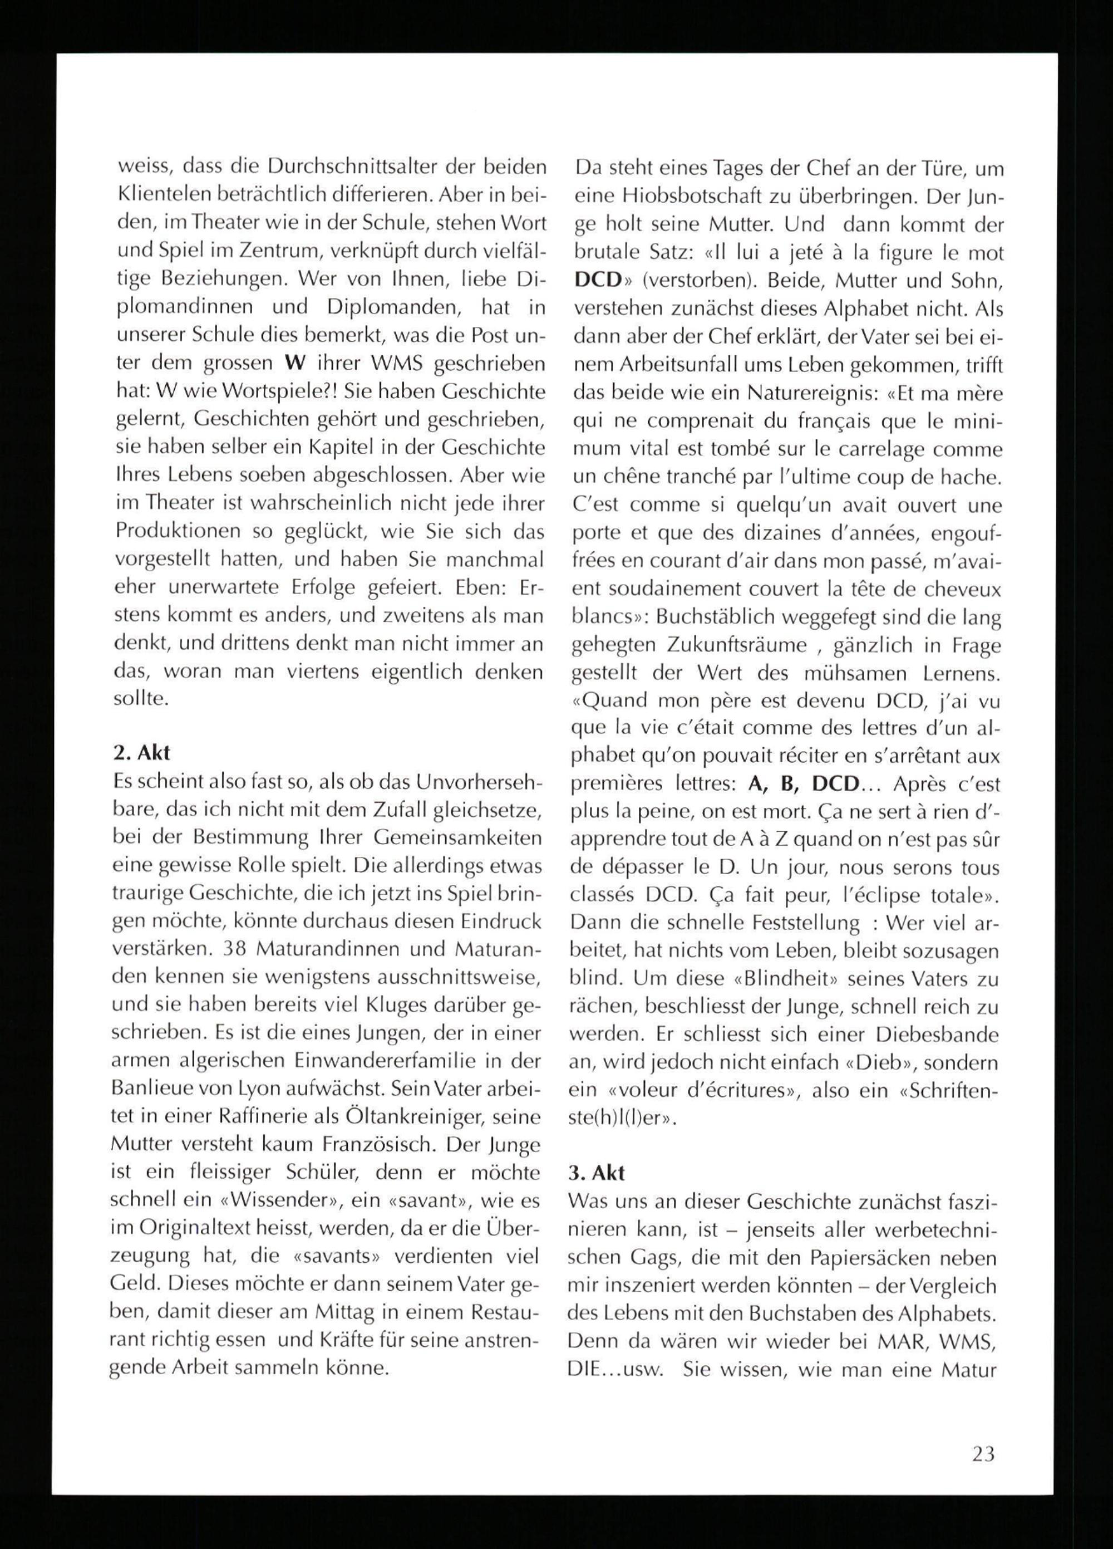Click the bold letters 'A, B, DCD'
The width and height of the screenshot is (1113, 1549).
pyautogui.click(x=803, y=784)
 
